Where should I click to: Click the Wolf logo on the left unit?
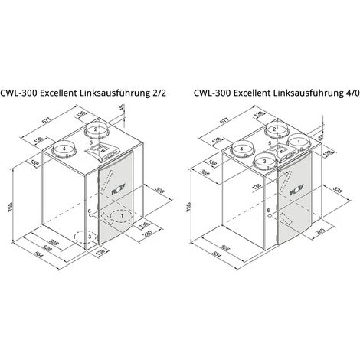tap(116, 185)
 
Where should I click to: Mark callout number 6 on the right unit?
tap(267, 211)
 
